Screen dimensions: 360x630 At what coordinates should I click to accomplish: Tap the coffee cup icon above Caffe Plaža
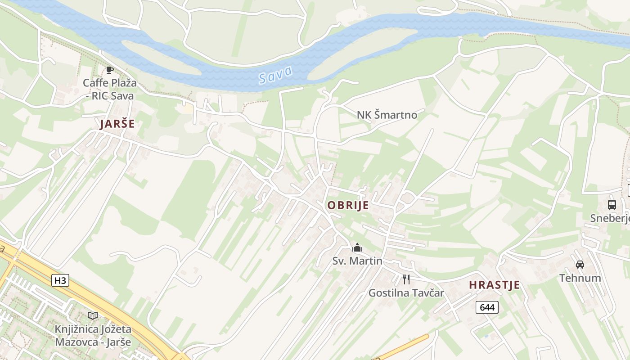coord(109,70)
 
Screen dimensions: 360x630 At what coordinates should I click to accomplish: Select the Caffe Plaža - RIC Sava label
coord(110,89)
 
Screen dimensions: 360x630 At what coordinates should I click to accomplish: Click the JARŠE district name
coord(117,124)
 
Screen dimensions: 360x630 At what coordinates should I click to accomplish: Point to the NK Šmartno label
coord(387,115)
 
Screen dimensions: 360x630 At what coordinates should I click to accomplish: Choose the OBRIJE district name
coord(348,206)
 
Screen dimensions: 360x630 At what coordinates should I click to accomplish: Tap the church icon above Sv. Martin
coord(357,248)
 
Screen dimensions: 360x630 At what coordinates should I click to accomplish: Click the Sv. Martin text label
coord(357,261)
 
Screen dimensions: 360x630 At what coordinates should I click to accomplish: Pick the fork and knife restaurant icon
coord(406,279)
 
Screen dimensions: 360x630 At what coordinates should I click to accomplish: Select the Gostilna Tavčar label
coord(406,293)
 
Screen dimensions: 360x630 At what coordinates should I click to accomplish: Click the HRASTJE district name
coord(495,285)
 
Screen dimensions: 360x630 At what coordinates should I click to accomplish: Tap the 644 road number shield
coord(487,307)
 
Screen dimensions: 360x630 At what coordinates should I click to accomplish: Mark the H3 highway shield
coord(60,281)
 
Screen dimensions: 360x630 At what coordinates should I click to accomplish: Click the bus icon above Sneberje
coord(612,205)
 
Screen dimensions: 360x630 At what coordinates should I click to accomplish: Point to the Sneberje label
coord(610,218)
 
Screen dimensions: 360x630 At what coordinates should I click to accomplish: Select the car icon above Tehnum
coord(580,265)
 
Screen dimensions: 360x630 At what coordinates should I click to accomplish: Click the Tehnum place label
coord(580,278)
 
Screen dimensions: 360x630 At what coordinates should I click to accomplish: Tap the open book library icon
coord(93,316)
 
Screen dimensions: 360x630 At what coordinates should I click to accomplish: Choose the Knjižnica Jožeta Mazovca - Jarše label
coord(93,335)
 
